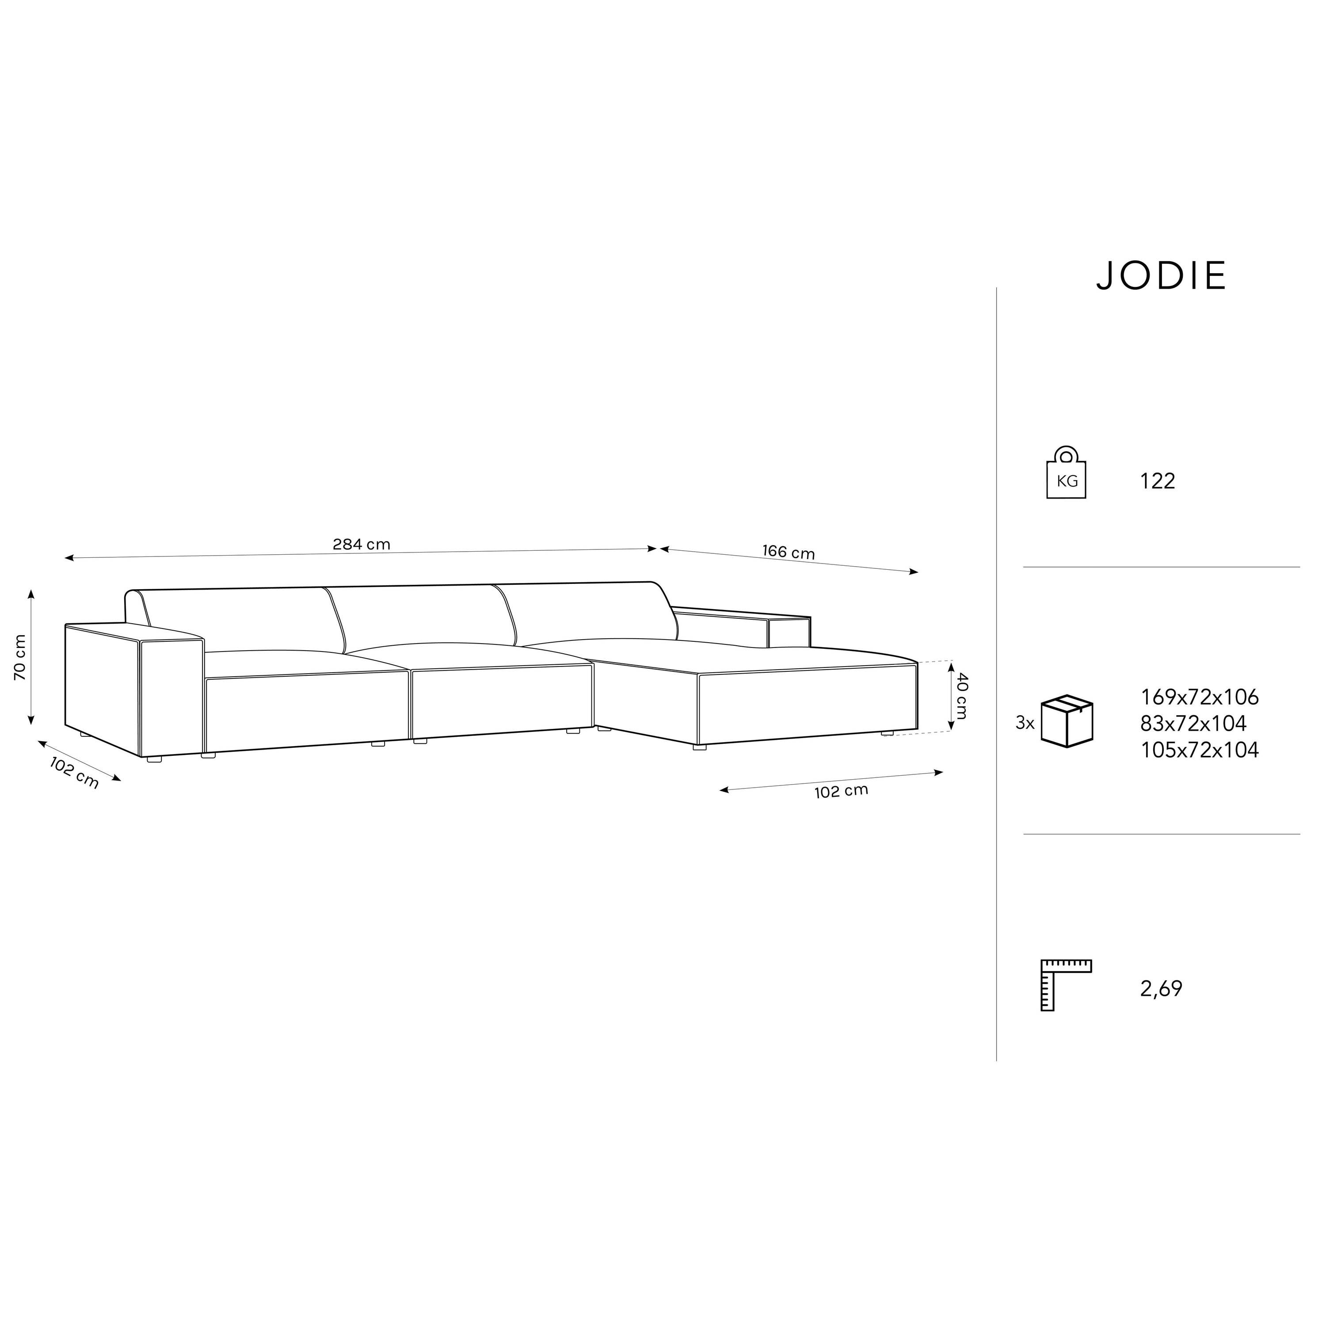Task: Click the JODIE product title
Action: pos(1161,276)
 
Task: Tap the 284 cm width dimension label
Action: pos(362,544)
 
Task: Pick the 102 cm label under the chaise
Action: pos(842,791)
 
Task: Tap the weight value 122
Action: pos(1158,481)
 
